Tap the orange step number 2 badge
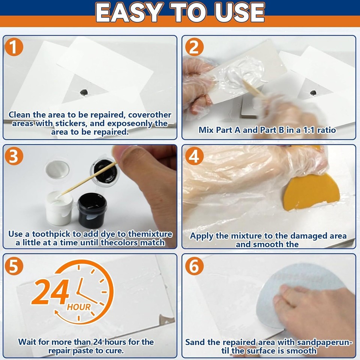(x=194, y=48)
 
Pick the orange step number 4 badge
(x=194, y=157)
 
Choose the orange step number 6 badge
(x=194, y=266)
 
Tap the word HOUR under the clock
(x=79, y=307)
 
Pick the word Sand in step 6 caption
(x=194, y=342)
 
